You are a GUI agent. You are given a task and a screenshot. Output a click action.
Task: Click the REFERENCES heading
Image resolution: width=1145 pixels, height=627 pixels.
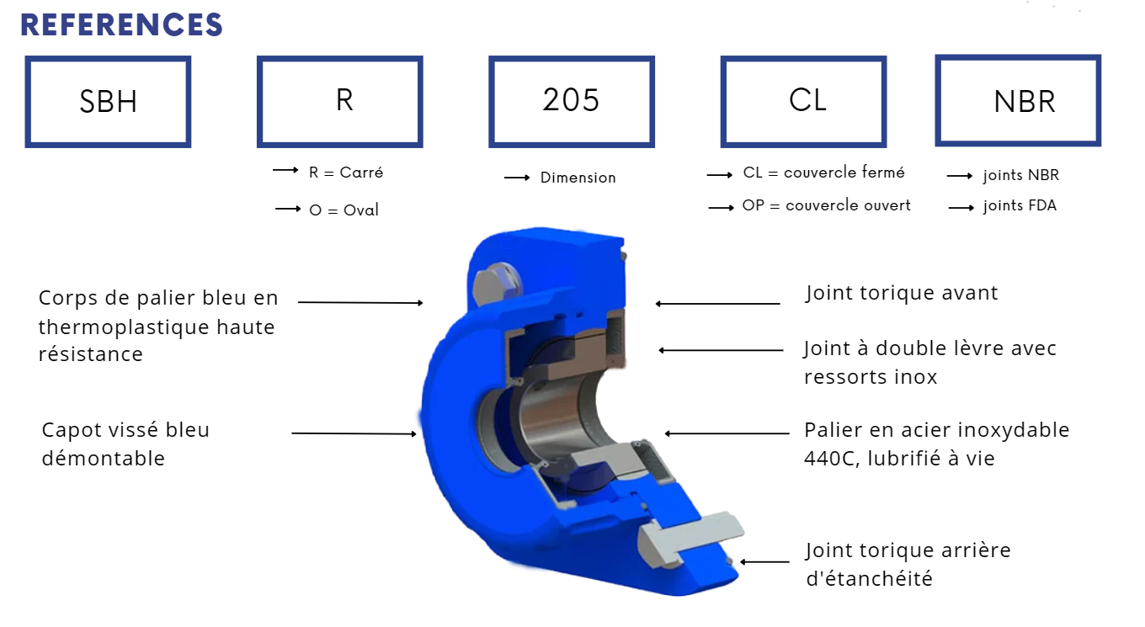(121, 24)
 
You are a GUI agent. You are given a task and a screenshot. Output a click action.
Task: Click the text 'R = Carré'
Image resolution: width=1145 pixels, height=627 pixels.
(345, 173)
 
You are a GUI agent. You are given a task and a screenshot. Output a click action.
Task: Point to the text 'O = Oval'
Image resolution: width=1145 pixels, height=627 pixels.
(343, 210)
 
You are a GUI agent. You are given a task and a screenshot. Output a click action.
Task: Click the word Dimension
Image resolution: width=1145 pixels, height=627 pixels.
(578, 178)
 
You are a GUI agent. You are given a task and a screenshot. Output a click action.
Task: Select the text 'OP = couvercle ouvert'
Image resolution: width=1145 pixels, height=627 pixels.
(826, 205)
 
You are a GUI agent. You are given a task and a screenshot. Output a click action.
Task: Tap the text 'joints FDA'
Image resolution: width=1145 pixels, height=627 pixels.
(1020, 205)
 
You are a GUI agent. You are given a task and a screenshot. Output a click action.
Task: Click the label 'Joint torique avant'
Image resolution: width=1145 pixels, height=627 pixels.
(902, 294)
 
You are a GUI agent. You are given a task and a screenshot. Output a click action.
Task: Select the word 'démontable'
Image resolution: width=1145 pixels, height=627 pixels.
(104, 459)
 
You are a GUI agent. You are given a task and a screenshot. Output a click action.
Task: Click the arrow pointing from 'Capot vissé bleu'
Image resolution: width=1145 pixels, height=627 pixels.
(354, 433)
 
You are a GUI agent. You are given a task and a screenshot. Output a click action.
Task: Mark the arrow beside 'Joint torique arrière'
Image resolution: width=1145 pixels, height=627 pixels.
(764, 561)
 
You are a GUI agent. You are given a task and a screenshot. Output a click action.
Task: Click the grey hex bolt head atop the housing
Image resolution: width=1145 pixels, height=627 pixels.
(497, 284)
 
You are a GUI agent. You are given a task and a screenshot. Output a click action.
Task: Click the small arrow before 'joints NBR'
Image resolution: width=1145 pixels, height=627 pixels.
(960, 176)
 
